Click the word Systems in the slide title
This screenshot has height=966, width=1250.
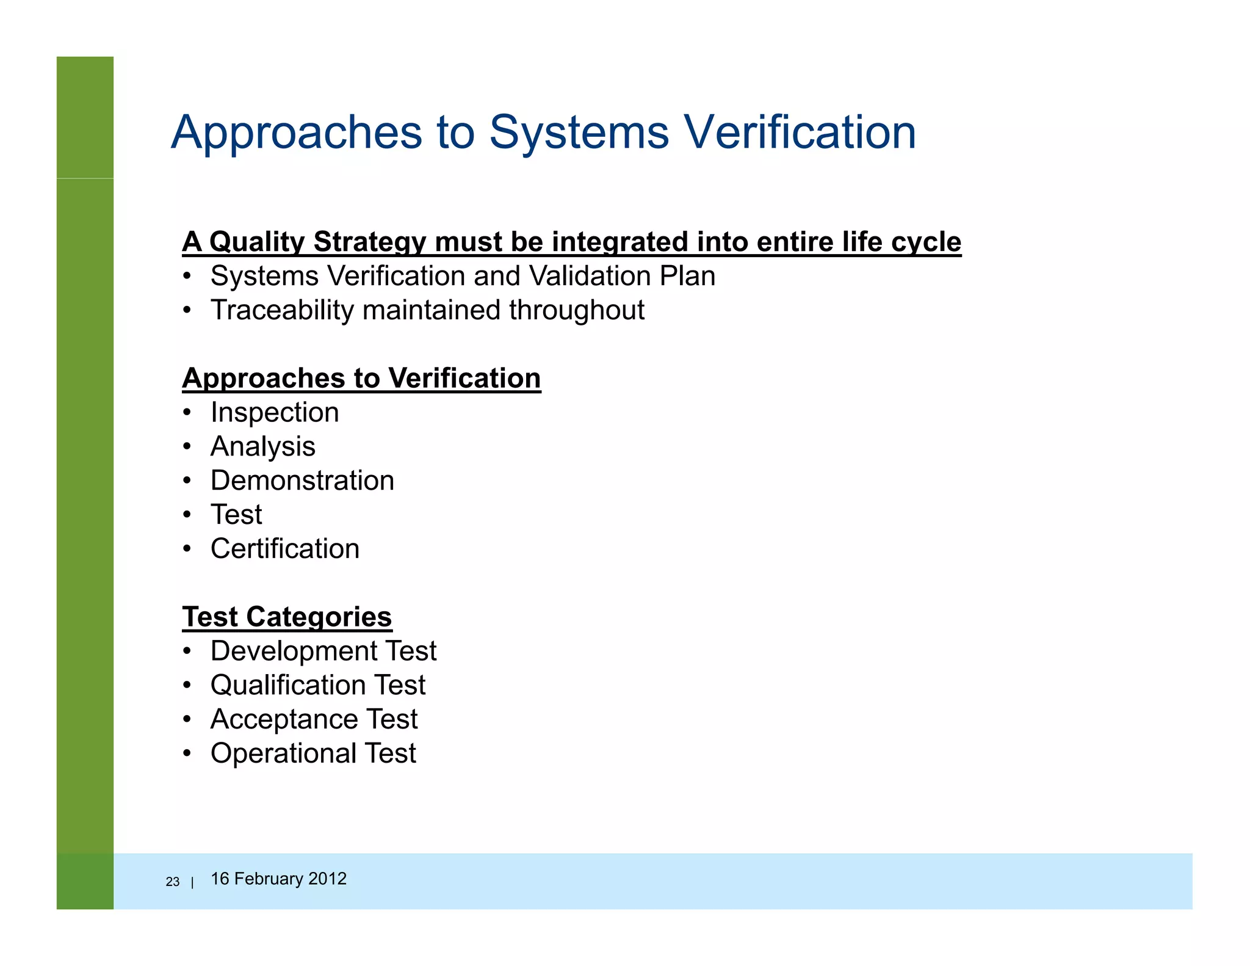[579, 133]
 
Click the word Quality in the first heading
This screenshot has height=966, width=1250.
[256, 242]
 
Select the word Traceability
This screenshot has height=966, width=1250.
[282, 310]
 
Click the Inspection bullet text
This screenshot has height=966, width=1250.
[275, 413]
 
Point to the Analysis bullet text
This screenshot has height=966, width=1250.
[263, 447]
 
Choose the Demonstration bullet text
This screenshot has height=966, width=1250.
[302, 481]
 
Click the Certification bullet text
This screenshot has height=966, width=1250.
[285, 549]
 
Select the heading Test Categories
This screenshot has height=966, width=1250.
[287, 617]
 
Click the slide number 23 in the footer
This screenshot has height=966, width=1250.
[173, 882]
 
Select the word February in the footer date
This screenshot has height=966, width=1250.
[269, 879]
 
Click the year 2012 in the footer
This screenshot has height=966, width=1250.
[327, 879]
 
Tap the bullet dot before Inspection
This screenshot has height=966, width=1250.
[188, 413]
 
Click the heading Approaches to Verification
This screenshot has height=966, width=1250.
[361, 379]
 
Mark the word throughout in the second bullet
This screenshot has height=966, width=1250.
[577, 310]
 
